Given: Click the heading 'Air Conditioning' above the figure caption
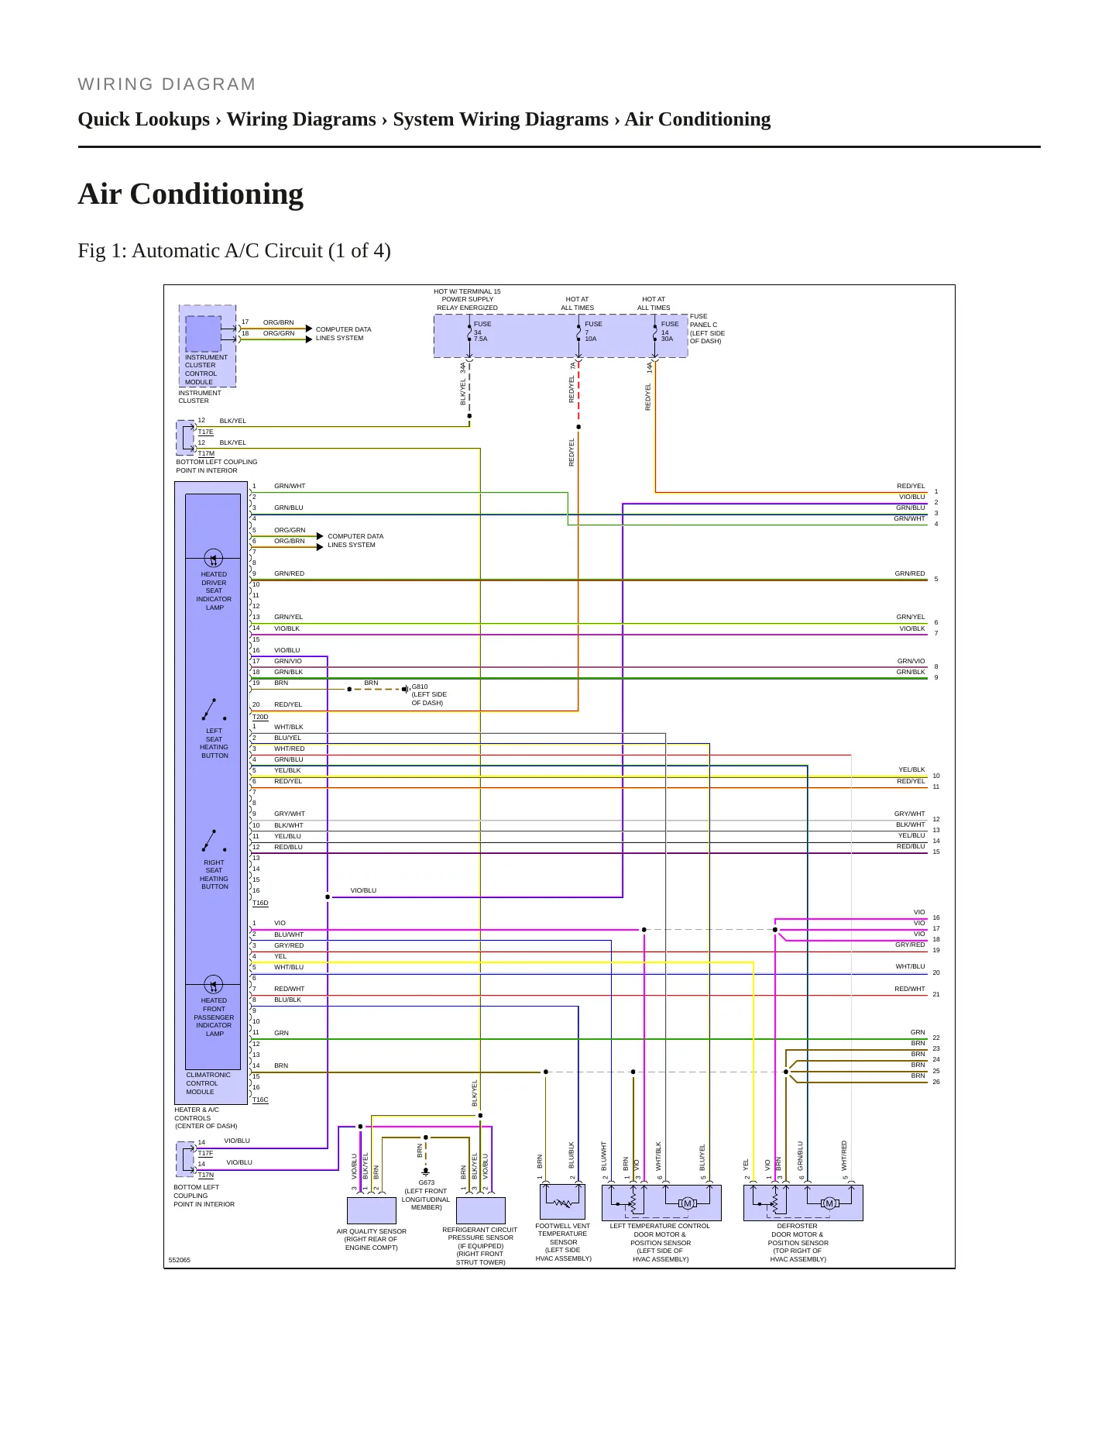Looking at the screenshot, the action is (x=191, y=194).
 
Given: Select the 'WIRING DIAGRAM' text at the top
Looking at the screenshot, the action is (x=166, y=84).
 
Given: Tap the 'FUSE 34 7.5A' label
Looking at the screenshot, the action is (x=482, y=331).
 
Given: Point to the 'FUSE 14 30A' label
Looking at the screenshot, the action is (x=669, y=331).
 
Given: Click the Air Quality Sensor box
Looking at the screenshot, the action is (x=372, y=1210).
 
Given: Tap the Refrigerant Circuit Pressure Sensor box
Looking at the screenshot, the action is (x=481, y=1210).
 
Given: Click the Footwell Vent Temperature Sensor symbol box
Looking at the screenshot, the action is (x=562, y=1203).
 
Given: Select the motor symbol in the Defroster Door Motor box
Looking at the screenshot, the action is (x=829, y=1203).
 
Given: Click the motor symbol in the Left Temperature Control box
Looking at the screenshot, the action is (x=687, y=1203).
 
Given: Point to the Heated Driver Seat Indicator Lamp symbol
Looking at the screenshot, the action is (x=213, y=558).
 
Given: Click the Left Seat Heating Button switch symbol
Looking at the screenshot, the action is (x=214, y=709).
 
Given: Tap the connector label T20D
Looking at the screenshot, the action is (x=260, y=717).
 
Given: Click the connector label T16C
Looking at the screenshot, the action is (x=260, y=1100).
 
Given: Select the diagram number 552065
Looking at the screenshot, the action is (x=180, y=1260).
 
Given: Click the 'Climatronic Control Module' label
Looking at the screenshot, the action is (x=208, y=1083).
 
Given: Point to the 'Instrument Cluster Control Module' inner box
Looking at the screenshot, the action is (x=204, y=334).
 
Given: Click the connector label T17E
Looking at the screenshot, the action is (x=205, y=432).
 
